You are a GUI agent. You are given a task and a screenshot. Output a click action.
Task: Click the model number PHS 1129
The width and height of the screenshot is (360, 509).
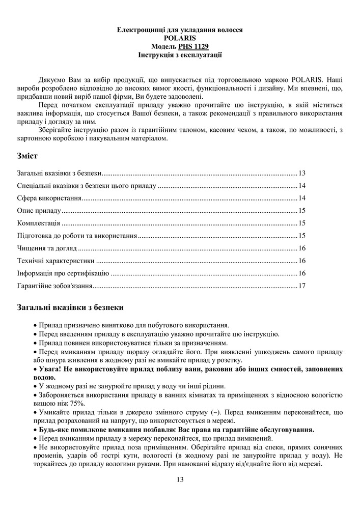192,45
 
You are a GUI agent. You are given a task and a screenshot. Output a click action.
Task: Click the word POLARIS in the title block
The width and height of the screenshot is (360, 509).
180,38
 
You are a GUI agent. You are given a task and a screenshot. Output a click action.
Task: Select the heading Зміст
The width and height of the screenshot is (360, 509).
28,155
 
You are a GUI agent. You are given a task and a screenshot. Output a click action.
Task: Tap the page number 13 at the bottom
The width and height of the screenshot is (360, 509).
180,479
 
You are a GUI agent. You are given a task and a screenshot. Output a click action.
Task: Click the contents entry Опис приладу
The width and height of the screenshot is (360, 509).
39,210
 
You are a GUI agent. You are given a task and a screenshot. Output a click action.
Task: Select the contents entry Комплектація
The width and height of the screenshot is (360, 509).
39,223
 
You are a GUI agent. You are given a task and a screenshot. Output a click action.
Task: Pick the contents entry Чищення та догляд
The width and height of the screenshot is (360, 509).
47,248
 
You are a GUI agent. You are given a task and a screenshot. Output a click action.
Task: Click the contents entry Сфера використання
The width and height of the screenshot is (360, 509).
49,198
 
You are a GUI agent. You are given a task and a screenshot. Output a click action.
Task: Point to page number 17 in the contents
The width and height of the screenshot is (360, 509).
302,286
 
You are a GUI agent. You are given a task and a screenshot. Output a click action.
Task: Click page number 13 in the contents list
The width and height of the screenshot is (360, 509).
302,173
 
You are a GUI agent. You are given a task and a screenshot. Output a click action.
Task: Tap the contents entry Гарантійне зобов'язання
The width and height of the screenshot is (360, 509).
54,286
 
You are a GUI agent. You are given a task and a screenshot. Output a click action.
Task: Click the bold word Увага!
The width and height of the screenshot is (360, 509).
50,369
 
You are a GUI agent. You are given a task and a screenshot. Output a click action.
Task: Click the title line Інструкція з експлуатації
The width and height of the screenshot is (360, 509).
180,53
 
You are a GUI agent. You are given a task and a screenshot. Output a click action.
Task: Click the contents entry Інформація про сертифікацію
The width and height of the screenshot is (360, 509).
63,273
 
